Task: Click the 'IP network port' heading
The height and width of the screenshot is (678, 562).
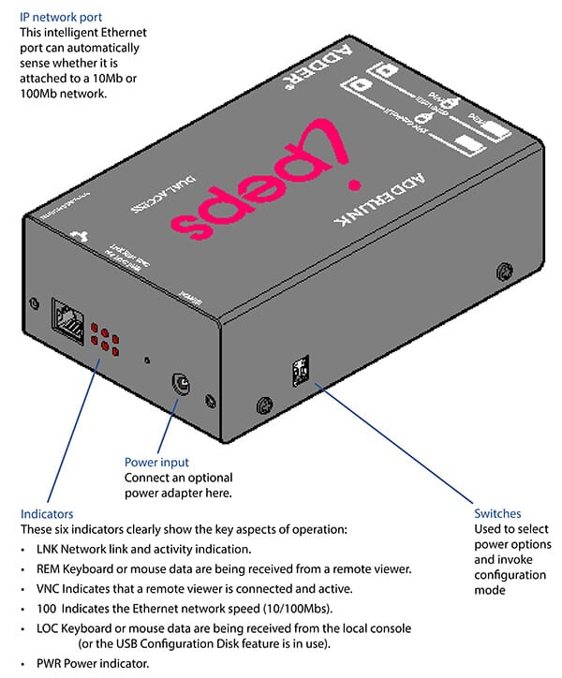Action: (x=61, y=16)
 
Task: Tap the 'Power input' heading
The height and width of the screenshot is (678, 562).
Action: (x=156, y=462)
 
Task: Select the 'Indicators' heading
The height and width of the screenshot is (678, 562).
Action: (x=47, y=514)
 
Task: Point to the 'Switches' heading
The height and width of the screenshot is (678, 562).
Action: (x=497, y=514)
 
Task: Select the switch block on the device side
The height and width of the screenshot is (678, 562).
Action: (x=299, y=372)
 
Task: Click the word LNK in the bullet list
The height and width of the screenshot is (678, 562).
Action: (x=49, y=550)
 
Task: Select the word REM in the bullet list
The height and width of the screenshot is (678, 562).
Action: (x=50, y=568)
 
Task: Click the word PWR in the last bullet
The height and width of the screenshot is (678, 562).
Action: (x=50, y=664)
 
